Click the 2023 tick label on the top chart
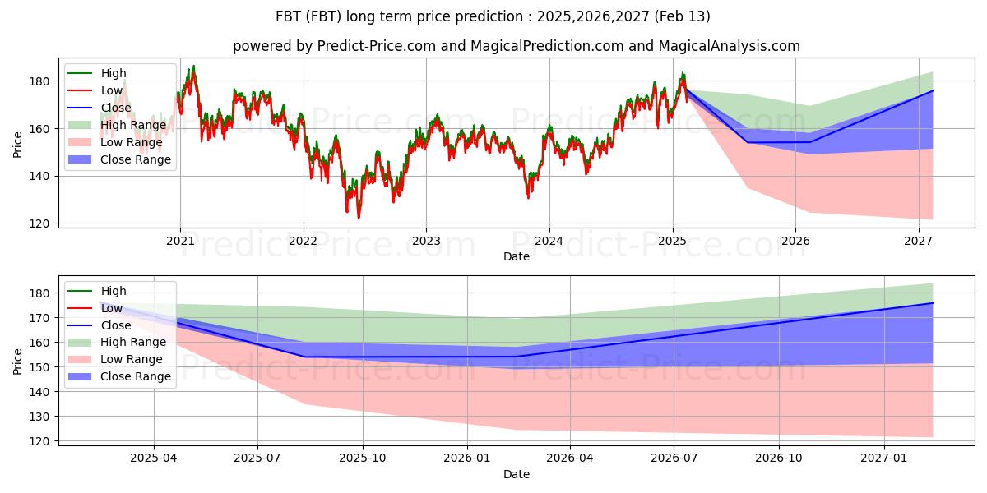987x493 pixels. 426,242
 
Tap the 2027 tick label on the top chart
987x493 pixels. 918,242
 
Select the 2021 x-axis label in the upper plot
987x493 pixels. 180,242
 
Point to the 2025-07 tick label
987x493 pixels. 257,458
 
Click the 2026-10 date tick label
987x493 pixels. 779,458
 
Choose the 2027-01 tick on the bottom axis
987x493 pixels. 884,458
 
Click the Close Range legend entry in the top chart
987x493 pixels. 119,159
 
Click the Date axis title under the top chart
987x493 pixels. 517,256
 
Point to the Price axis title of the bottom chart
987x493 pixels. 17,362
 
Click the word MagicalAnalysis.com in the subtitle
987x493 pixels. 730,46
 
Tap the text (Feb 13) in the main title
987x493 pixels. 682,16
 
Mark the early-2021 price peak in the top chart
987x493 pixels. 194,66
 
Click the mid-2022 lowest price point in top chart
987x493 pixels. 359,219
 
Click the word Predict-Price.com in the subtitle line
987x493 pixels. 377,46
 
